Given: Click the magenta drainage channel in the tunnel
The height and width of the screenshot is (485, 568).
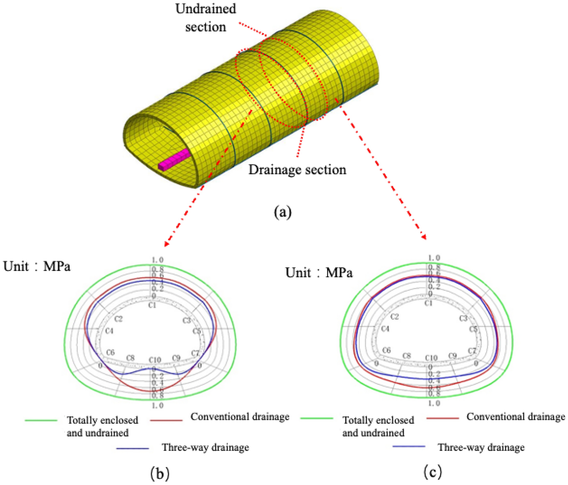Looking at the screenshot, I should pos(175,160).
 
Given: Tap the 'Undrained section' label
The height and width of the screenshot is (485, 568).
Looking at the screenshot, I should pos(206,18).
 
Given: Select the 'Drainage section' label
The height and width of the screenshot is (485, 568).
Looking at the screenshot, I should pos(297,170).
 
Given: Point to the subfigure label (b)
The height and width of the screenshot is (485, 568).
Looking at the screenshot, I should pos(160,474).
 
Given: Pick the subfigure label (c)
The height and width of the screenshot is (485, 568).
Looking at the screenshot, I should pos(433,473).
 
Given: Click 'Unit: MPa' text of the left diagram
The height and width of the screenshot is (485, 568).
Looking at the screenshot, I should pos(37,267).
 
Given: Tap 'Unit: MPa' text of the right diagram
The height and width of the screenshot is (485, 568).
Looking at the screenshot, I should pos(319,273).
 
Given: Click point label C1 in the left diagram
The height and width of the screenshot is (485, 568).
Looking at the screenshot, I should pos(152,305).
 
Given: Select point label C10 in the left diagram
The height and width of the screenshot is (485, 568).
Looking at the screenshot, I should pos(155,360).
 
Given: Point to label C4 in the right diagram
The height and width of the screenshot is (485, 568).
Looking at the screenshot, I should pos(385,329).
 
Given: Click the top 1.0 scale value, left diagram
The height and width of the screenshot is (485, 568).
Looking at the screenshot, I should pos(157,260).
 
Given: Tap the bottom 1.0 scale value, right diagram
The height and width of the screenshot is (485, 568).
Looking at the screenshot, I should pos(434,403).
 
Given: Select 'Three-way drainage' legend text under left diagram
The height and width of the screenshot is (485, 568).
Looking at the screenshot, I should pos(205,448).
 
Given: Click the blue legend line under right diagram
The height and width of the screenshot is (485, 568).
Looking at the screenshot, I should pos(408,446).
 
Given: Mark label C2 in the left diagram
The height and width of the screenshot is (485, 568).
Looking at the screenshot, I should pos(118,319).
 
